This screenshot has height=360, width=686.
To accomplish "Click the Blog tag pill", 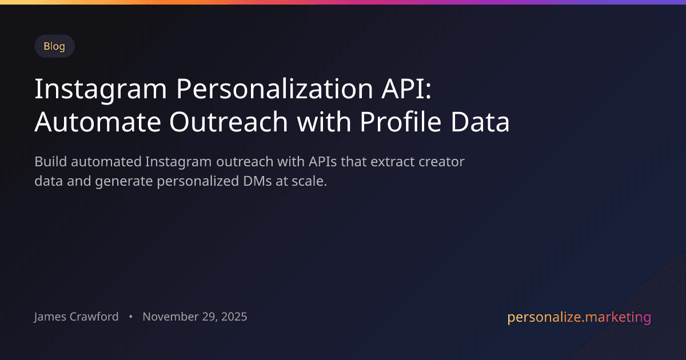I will pos(54,46).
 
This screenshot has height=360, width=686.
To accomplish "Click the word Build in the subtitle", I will pos(49,162).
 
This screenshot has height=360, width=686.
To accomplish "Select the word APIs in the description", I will pos(323,162).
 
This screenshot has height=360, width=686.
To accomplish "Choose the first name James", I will pos(51,317).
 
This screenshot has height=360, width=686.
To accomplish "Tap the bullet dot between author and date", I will pos(131,317).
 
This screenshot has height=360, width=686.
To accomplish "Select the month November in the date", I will pos(170,317).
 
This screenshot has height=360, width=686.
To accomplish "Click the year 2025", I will pos(233,317).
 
